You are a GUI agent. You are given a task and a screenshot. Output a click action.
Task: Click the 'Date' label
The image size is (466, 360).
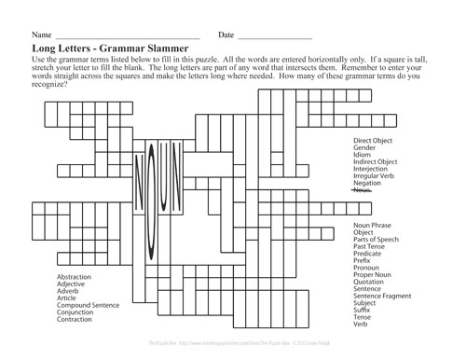coord(226,35)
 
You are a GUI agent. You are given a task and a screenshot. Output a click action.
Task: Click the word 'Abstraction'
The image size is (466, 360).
coord(75,278)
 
